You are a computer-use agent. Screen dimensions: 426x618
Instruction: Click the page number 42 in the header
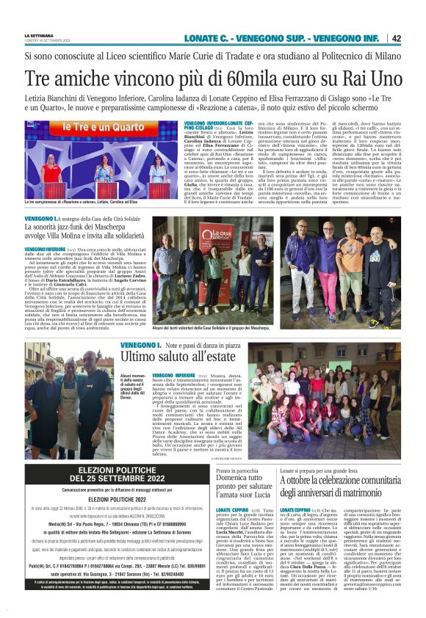tap(396, 38)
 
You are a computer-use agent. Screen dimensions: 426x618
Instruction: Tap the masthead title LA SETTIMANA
tap(39, 34)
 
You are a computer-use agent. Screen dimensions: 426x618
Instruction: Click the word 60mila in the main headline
tap(253, 78)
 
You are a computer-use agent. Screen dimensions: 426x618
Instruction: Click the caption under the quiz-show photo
tap(82, 200)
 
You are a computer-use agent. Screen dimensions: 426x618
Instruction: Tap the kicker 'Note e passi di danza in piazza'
tap(200, 344)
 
